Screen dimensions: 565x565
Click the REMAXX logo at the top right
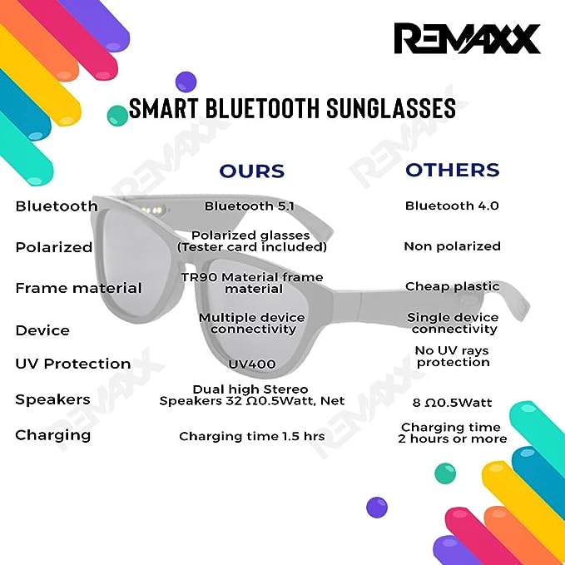coord(467,38)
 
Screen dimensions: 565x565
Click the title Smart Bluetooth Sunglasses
coord(292,109)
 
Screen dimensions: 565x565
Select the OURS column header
coord(251,171)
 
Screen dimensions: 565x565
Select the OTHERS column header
coord(452,171)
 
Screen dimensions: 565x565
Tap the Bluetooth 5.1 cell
coord(250,206)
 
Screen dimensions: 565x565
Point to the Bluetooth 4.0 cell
coord(452,206)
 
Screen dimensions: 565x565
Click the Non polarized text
coord(452,246)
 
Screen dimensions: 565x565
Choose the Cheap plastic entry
coord(452,286)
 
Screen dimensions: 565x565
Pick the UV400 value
coord(251,364)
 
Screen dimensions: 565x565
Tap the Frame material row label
coord(78,288)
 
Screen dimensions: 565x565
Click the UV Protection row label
coord(73,364)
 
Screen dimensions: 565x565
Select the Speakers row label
coord(52,399)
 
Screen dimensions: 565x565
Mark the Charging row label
coord(53,434)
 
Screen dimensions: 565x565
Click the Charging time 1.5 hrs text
coord(250,435)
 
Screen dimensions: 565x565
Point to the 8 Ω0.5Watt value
coord(452,403)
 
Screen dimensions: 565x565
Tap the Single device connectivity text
coord(453,323)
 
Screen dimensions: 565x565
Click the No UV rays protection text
coord(453,356)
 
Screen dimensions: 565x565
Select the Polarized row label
coord(53,247)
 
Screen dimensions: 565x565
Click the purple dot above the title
coord(186,82)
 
